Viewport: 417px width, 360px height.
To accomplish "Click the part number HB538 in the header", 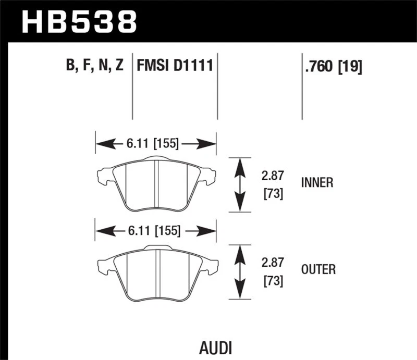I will [78, 22].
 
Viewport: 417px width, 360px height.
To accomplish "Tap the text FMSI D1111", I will [175, 66].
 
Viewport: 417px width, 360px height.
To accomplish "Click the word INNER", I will [317, 183].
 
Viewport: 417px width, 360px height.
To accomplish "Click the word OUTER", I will [318, 269].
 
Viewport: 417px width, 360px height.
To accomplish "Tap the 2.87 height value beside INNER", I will [272, 177].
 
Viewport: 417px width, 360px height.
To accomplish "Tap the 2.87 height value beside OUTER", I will [272, 264].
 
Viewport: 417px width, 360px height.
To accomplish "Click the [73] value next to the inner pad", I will [272, 194].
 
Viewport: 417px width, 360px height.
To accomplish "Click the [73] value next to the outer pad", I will [272, 281].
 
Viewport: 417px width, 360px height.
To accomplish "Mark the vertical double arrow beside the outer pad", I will [239, 271].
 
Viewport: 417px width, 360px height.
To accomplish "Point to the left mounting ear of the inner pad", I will [104, 176].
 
